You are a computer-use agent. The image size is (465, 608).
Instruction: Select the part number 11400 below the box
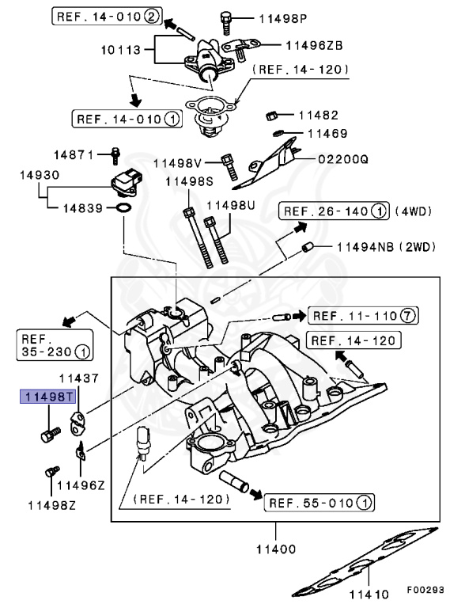[276, 548]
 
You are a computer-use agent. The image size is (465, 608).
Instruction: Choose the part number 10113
[120, 50]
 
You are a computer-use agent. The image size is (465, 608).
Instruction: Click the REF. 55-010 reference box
[320, 503]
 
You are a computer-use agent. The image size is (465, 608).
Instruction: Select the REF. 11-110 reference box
[363, 316]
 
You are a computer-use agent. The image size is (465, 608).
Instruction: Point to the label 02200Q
[343, 158]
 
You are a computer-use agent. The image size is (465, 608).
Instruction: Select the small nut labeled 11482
[270, 115]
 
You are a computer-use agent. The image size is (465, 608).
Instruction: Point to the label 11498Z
[51, 504]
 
